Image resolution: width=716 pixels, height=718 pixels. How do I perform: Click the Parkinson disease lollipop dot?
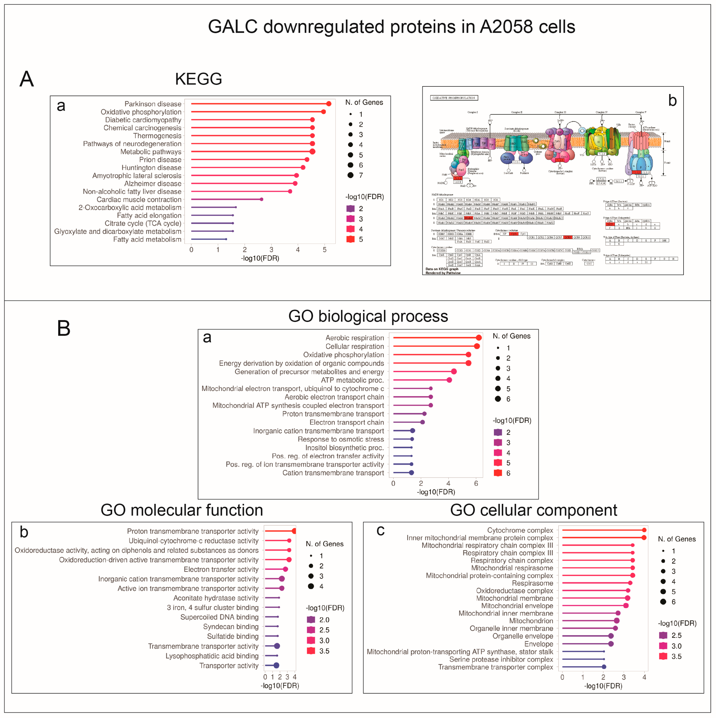tap(329, 104)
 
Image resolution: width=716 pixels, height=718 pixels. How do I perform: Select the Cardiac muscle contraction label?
tap(139, 200)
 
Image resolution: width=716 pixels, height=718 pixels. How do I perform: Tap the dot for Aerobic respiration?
tap(479, 337)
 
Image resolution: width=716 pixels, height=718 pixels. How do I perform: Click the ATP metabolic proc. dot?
tap(449, 380)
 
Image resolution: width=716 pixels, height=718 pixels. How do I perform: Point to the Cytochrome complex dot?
tap(644, 530)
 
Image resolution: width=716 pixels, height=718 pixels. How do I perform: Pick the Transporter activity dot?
tap(276, 665)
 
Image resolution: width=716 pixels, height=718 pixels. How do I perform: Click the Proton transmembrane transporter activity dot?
tap(294, 531)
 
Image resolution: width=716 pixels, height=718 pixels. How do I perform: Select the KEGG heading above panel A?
tap(198, 79)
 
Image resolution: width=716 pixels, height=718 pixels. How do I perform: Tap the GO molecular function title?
tap(182, 510)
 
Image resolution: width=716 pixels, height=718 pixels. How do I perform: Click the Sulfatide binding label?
tap(233, 636)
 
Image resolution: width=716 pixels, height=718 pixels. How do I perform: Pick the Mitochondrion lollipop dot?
tap(616, 621)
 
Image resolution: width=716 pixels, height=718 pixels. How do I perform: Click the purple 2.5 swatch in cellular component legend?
tap(663, 635)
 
